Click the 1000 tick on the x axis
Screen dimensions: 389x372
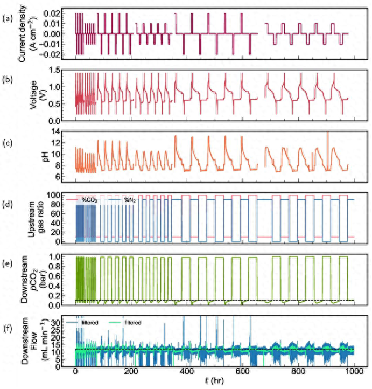353,372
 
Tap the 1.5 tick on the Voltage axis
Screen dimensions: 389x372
52,70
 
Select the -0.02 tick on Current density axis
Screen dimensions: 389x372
47,55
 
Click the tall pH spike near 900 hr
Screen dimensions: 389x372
327,143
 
